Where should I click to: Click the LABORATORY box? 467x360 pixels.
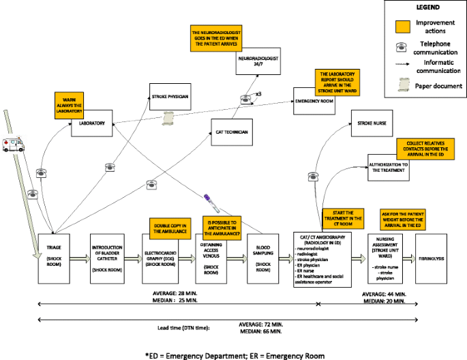click(91, 123)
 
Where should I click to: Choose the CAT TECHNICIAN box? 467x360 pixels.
click(232, 132)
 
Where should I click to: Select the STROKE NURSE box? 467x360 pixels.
click(373, 123)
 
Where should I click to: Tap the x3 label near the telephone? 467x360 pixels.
click(259, 93)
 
